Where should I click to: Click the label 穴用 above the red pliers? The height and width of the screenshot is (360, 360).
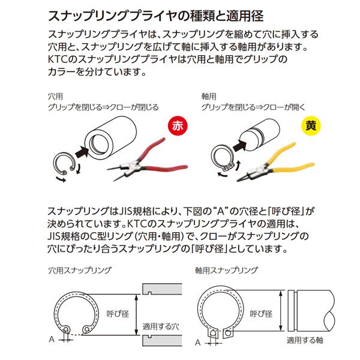[55, 95]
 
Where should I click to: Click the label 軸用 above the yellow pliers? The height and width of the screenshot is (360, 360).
[208, 95]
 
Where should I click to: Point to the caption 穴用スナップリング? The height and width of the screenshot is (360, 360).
[79, 271]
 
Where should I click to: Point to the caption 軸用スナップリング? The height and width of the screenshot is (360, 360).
[226, 271]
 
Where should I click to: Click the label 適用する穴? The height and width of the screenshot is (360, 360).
[160, 327]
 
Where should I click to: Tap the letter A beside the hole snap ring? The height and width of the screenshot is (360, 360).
[52, 340]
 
